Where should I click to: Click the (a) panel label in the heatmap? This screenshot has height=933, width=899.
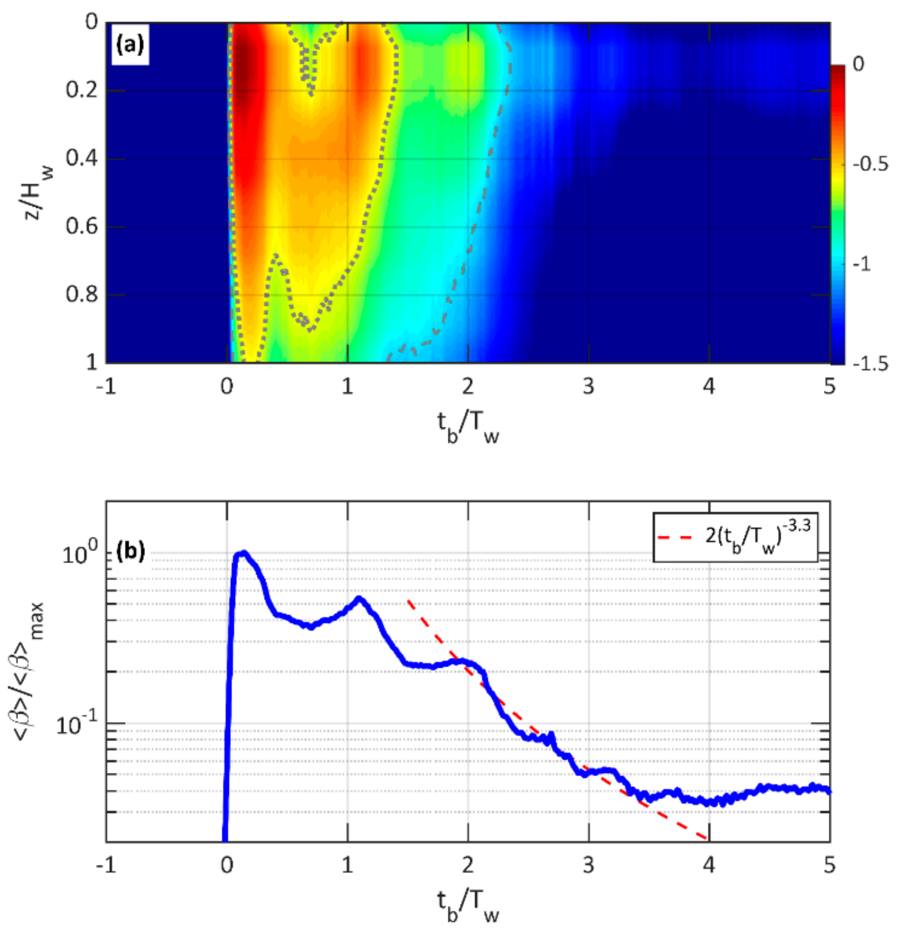coord(130,46)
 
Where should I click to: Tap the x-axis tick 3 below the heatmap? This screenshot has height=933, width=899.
coord(589,386)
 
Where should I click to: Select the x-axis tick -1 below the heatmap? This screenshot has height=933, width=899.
coord(105,386)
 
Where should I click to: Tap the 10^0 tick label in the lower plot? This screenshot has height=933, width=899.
coord(78,555)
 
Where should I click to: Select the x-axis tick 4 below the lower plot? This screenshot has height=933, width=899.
coord(709,865)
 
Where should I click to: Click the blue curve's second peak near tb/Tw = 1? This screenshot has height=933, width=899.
coord(360,598)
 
